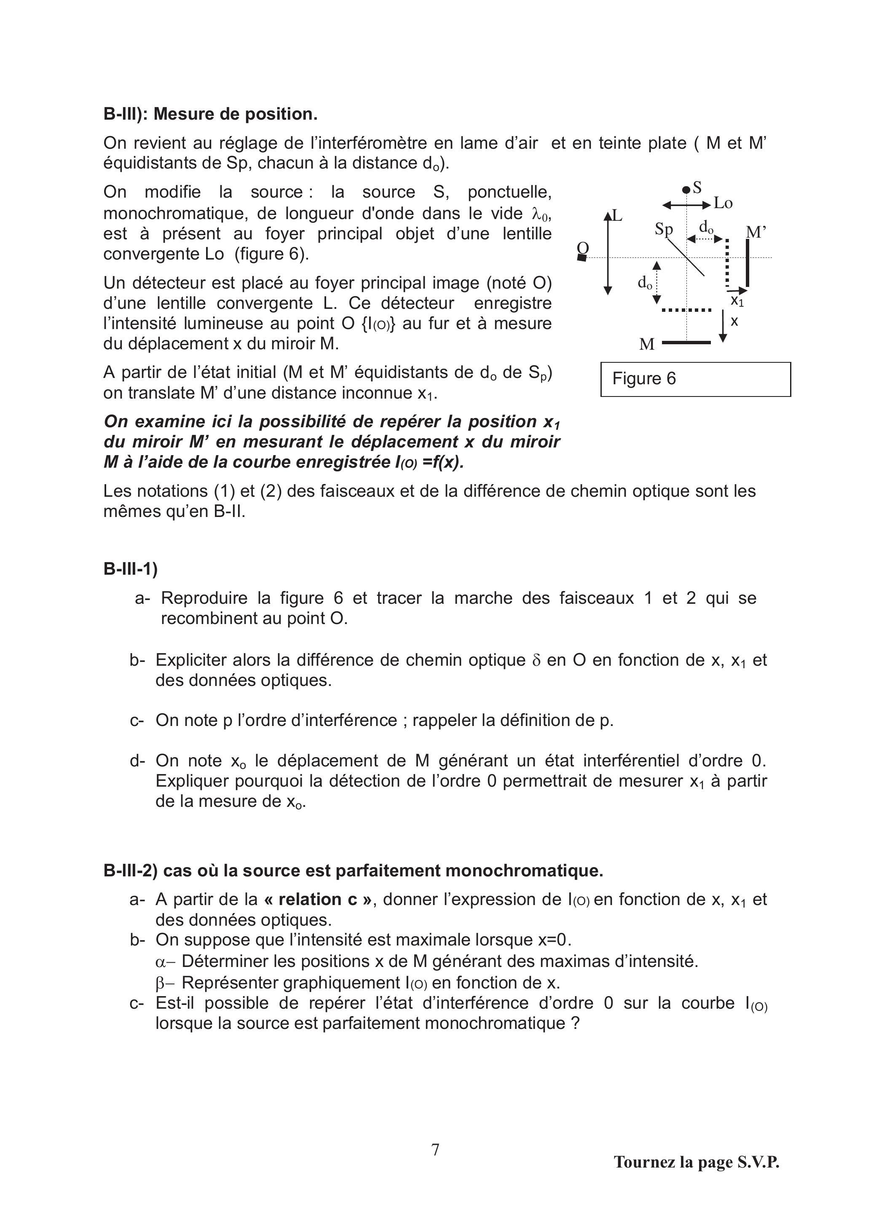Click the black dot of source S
coord(686,190)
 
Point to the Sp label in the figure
coord(664,229)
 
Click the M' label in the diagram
coord(756,232)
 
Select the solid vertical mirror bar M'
coord(748,263)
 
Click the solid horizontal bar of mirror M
coord(686,343)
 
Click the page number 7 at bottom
coord(435,1149)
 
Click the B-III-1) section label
coord(130,569)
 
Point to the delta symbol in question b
coord(536,661)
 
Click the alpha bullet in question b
coord(159,961)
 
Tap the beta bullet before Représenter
coord(159,983)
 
